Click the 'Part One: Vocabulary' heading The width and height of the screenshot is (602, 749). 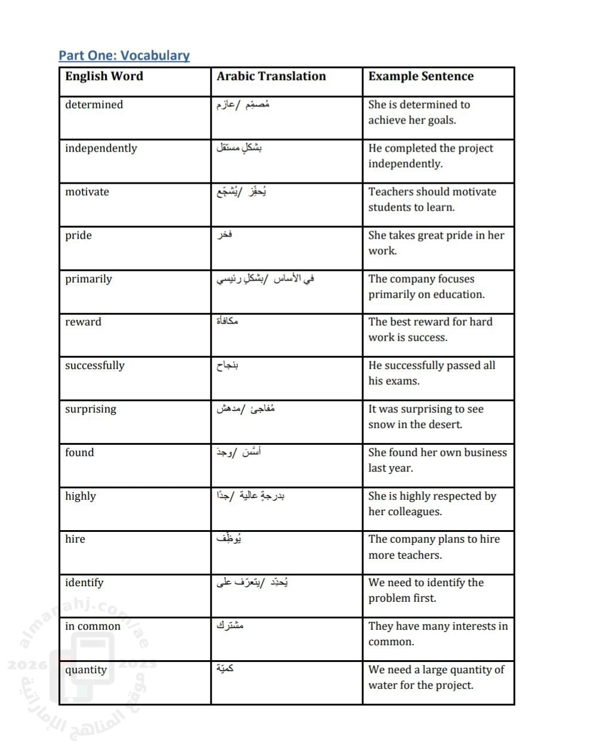point(124,55)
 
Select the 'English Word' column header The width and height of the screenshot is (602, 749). point(104,76)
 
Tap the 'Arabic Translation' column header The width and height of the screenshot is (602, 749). point(271,76)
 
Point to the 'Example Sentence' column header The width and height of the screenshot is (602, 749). point(421,76)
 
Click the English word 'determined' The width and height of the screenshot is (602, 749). point(94,105)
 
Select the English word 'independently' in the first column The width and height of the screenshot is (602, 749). point(101,148)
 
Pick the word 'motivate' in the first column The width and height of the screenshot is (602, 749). point(87,192)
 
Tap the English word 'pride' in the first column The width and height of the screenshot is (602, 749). point(78,236)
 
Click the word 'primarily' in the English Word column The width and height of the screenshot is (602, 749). point(88,279)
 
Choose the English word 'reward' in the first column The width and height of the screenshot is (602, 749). point(83,322)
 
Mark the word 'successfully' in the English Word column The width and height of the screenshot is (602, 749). point(95,366)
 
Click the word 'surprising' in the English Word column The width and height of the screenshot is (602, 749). point(91,409)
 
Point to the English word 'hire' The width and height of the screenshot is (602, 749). point(75,539)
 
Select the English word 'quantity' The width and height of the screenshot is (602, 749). point(86,670)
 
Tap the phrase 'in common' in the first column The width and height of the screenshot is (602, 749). point(92,626)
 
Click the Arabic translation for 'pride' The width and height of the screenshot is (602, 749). point(224,235)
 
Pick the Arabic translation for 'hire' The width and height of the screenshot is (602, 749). point(229,539)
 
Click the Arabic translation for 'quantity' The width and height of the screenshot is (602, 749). point(225,669)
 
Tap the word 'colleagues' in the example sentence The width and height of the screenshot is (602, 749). point(413,512)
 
